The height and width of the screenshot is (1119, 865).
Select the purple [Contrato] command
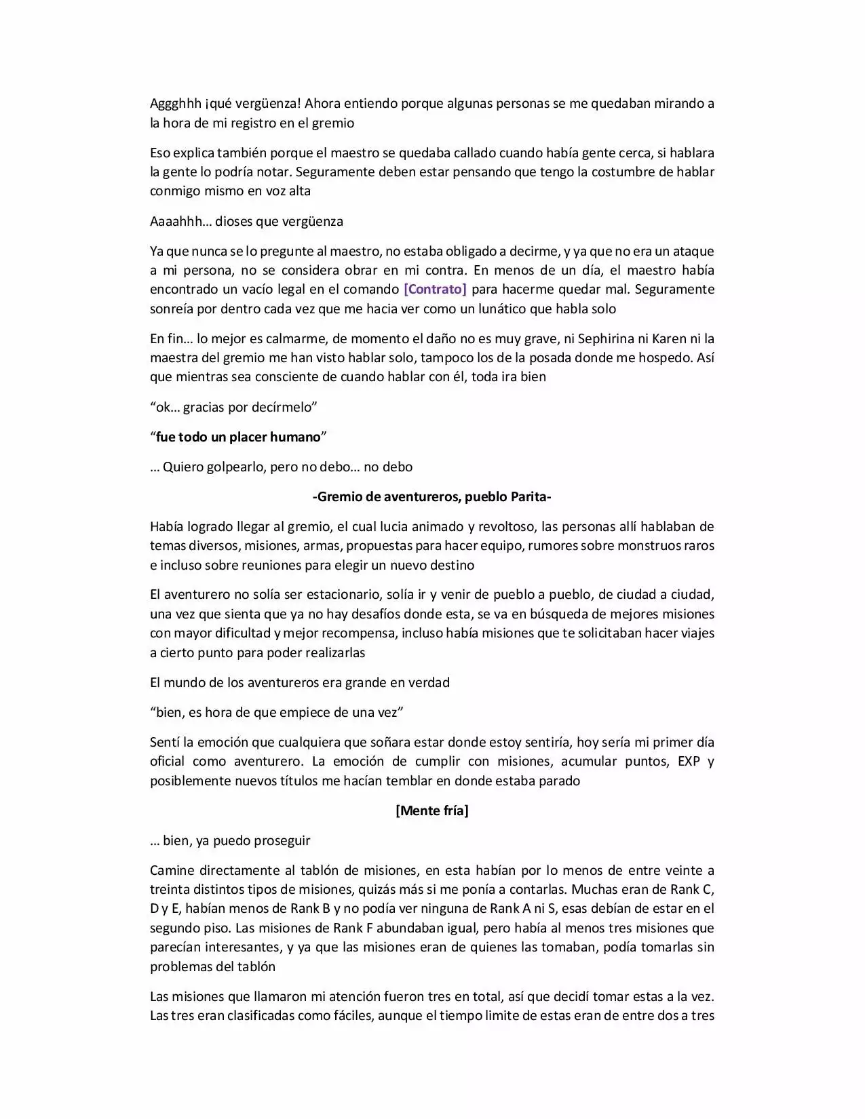tap(435, 290)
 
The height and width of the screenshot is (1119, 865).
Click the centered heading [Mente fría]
tap(431, 810)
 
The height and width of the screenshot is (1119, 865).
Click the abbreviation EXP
tap(689, 761)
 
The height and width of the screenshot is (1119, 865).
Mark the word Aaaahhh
tap(178, 222)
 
